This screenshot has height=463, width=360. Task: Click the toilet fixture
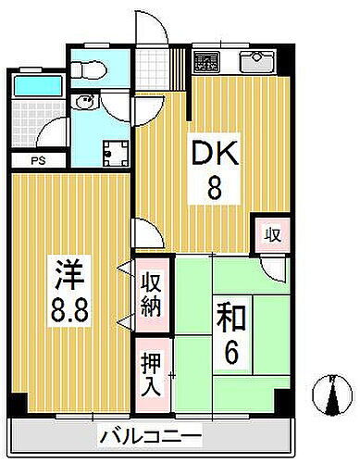click(88, 70)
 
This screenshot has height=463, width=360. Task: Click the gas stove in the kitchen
click(205, 64)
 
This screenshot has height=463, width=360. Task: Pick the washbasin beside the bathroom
click(87, 104)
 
